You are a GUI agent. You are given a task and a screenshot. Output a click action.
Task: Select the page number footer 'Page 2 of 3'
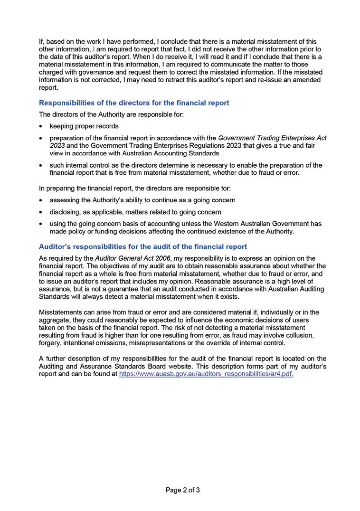(x=183, y=490)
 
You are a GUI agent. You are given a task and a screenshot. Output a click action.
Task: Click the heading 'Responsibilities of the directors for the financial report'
(x=134, y=103)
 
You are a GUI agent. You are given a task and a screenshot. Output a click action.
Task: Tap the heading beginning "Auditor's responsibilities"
(x=142, y=246)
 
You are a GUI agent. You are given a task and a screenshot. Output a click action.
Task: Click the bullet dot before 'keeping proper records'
(x=42, y=126)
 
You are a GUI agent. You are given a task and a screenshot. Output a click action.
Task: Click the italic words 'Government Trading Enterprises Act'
(x=273, y=138)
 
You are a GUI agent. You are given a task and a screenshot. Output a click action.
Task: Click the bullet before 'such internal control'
(x=42, y=165)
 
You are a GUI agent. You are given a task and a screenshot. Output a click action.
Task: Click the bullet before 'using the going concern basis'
(x=42, y=224)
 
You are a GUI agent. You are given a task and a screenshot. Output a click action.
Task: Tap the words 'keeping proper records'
(x=84, y=126)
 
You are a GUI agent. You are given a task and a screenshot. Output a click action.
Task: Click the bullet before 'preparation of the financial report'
(x=42, y=138)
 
